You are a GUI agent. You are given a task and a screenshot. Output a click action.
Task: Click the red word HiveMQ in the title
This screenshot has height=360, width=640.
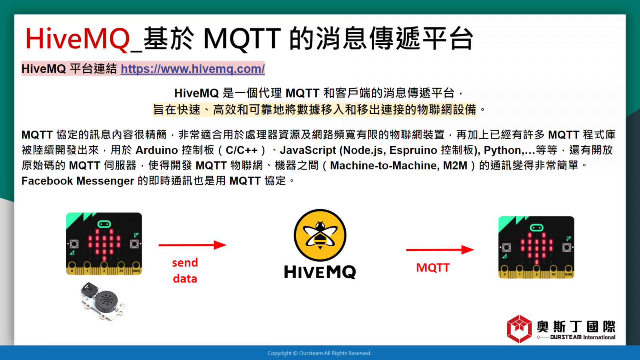pos(78,39)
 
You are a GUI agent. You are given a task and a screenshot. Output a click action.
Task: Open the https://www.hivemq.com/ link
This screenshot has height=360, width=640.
pos(193,69)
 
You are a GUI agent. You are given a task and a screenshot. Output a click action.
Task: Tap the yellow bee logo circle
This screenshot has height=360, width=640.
pos(320,235)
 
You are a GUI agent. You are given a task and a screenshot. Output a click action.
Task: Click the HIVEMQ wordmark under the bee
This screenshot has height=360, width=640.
pos(320,272)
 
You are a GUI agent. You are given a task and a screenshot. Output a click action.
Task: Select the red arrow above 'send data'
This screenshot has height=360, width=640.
pos(192,245)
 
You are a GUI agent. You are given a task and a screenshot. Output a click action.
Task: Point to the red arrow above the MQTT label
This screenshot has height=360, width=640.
pos(440,250)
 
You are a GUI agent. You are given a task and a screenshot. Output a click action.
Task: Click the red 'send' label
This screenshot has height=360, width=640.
pos(185,263)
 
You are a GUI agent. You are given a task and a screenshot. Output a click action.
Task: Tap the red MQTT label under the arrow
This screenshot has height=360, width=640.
pos(433,268)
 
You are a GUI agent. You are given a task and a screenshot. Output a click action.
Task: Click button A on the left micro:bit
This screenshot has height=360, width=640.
pos(74,244)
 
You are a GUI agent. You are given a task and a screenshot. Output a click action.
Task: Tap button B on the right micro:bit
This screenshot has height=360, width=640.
pos(566,248)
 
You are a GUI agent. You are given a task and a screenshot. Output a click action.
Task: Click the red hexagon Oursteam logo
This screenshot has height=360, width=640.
pos(519,329)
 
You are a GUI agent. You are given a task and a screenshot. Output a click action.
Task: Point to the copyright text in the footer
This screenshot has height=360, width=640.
pos(320,353)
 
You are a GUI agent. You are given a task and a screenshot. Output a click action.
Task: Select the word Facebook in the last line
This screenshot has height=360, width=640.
pos(47,181)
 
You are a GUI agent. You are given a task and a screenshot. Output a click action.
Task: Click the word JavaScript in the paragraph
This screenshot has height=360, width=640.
pos(308,150)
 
